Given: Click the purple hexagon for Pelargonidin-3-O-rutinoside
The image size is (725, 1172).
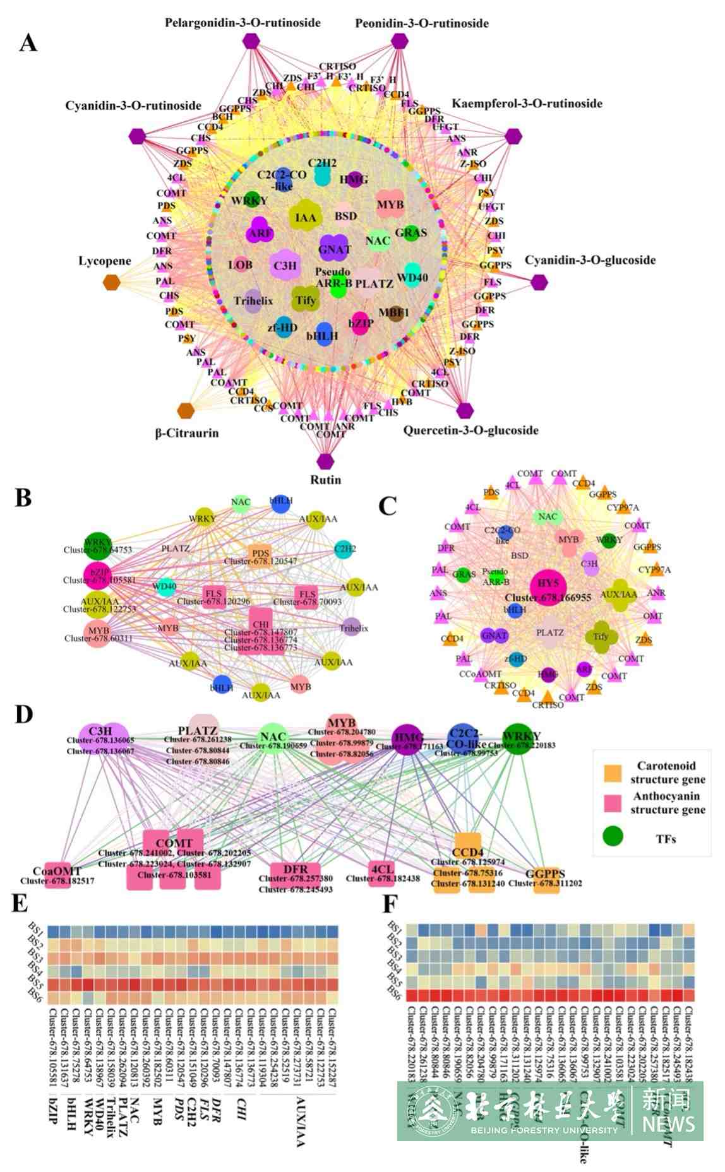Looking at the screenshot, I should coord(251,41).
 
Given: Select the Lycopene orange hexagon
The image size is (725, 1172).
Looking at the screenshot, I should coord(111,282).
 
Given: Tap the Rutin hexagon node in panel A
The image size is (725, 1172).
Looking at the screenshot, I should coord(325,461).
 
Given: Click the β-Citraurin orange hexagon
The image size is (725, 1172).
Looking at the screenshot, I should coord(186,411).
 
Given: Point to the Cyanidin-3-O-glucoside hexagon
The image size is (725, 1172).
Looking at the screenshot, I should coord(539,282).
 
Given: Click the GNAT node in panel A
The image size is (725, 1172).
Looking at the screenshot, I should coord(334,249).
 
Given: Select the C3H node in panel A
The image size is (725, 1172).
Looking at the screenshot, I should coord(285,266).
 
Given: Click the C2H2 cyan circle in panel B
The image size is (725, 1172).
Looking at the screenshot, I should coord(345,548).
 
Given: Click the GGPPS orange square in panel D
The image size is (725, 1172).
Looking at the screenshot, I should coord(546,879).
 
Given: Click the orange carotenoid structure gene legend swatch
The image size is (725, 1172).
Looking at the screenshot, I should coord(613,773).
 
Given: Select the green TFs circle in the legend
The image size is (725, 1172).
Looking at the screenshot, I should coord(613,836).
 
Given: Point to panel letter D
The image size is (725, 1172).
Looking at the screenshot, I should coord(23,714).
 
